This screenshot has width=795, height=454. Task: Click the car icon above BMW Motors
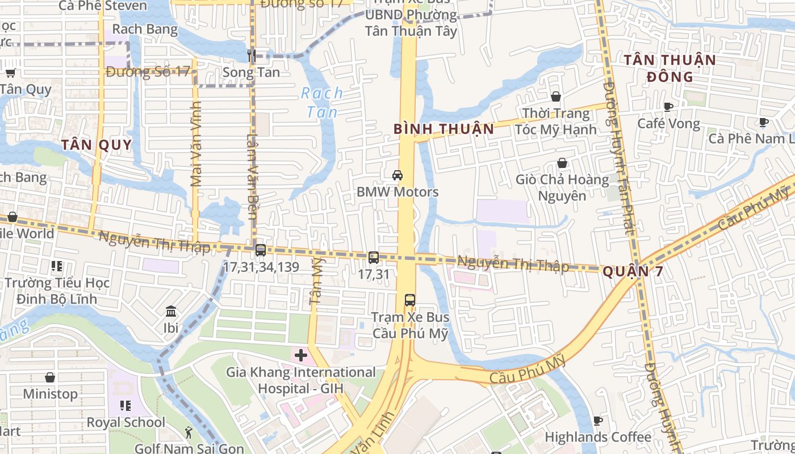click(397, 175)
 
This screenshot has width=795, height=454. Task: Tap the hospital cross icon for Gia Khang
click(301, 356)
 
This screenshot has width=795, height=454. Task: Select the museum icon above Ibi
click(171, 311)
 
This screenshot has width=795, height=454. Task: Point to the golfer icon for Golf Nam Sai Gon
click(189, 433)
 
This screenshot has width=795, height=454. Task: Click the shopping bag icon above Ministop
click(50, 377)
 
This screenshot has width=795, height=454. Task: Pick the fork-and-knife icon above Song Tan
click(252, 55)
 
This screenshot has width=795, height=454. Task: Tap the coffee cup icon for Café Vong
click(668, 107)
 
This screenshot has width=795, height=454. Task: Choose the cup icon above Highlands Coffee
click(597, 421)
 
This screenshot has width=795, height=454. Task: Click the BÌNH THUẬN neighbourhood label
click(443, 129)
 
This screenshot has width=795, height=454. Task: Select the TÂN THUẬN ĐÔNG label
click(670, 68)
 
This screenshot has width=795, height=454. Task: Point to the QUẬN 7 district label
click(633, 271)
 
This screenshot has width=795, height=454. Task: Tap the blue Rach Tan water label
click(322, 102)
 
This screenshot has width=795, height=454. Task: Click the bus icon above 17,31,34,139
click(261, 250)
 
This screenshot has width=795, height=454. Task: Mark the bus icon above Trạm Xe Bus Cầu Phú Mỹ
click(410, 300)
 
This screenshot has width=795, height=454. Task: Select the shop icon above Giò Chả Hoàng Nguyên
click(562, 163)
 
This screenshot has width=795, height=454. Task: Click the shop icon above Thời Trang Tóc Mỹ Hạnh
click(556, 96)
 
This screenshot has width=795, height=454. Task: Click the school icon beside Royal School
click(125, 406)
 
